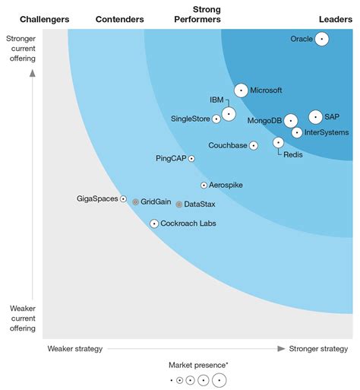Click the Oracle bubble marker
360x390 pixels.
[x=321, y=39]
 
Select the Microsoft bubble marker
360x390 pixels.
[x=241, y=90]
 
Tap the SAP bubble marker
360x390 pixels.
[x=315, y=117]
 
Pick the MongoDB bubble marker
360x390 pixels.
[x=291, y=121]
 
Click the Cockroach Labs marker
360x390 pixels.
[x=154, y=224]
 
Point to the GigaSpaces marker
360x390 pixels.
[x=123, y=198]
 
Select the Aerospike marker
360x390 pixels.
[x=204, y=185]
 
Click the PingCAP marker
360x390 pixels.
[x=191, y=158]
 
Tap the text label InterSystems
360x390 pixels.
[x=327, y=132]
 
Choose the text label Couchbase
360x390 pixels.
[x=228, y=145]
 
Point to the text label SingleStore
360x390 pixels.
[x=191, y=118]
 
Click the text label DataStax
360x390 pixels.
[x=200, y=205]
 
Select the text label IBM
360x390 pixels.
[x=216, y=100]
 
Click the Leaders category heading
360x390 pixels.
[x=335, y=19]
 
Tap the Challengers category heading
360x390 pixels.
[x=44, y=19]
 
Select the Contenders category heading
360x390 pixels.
[x=120, y=19]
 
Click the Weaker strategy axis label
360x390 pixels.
[x=74, y=349]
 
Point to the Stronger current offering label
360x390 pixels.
[x=22, y=49]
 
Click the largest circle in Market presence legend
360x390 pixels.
[x=219, y=380]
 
